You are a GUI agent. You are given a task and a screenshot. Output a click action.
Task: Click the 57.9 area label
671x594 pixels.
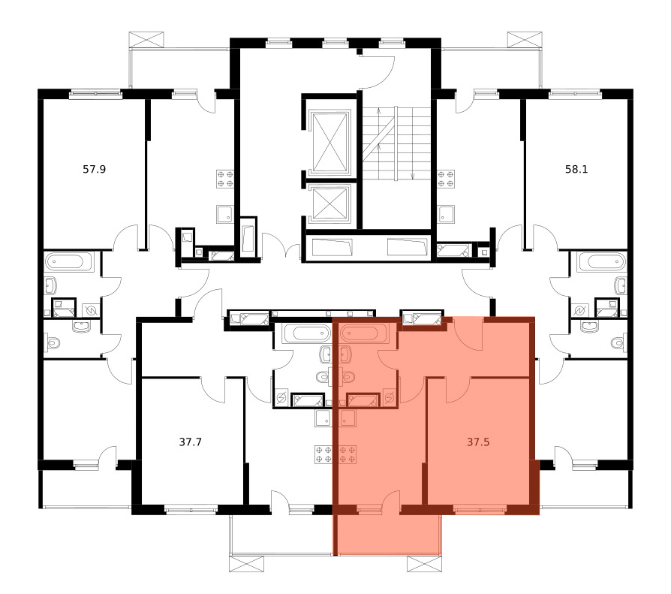(94, 169)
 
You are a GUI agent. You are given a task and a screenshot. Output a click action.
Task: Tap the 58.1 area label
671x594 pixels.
(576, 169)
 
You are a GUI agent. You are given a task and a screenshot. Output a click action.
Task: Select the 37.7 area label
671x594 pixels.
(190, 442)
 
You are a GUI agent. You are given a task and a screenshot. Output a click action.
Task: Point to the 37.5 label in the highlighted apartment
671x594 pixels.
(478, 442)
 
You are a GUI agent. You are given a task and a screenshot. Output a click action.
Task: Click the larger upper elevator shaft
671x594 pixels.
(329, 143)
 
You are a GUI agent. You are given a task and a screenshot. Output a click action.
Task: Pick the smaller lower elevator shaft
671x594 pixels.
(329, 204)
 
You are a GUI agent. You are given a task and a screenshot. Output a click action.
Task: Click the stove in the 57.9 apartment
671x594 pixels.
(225, 179)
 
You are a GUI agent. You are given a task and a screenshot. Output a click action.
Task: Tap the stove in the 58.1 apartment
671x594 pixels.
(446, 179)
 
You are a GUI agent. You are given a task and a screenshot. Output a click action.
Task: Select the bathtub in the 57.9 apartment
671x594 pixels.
(69, 261)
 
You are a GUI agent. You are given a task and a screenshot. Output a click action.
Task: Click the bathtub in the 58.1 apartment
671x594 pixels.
(601, 261)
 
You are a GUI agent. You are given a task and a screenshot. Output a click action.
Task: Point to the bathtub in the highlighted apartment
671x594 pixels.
(364, 333)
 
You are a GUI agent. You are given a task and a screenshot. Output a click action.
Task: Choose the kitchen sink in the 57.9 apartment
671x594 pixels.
(225, 214)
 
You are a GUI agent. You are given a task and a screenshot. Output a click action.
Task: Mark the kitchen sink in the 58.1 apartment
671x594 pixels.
(446, 214)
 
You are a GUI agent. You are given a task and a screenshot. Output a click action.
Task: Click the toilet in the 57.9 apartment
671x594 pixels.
(53, 342)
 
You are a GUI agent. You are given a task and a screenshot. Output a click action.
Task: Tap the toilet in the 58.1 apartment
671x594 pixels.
(618, 342)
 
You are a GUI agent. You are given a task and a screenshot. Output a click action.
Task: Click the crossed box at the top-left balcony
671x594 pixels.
(146, 39)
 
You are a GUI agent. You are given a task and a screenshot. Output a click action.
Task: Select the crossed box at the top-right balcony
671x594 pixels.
(525, 39)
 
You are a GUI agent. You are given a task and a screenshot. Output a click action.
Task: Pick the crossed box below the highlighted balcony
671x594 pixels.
(424, 564)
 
